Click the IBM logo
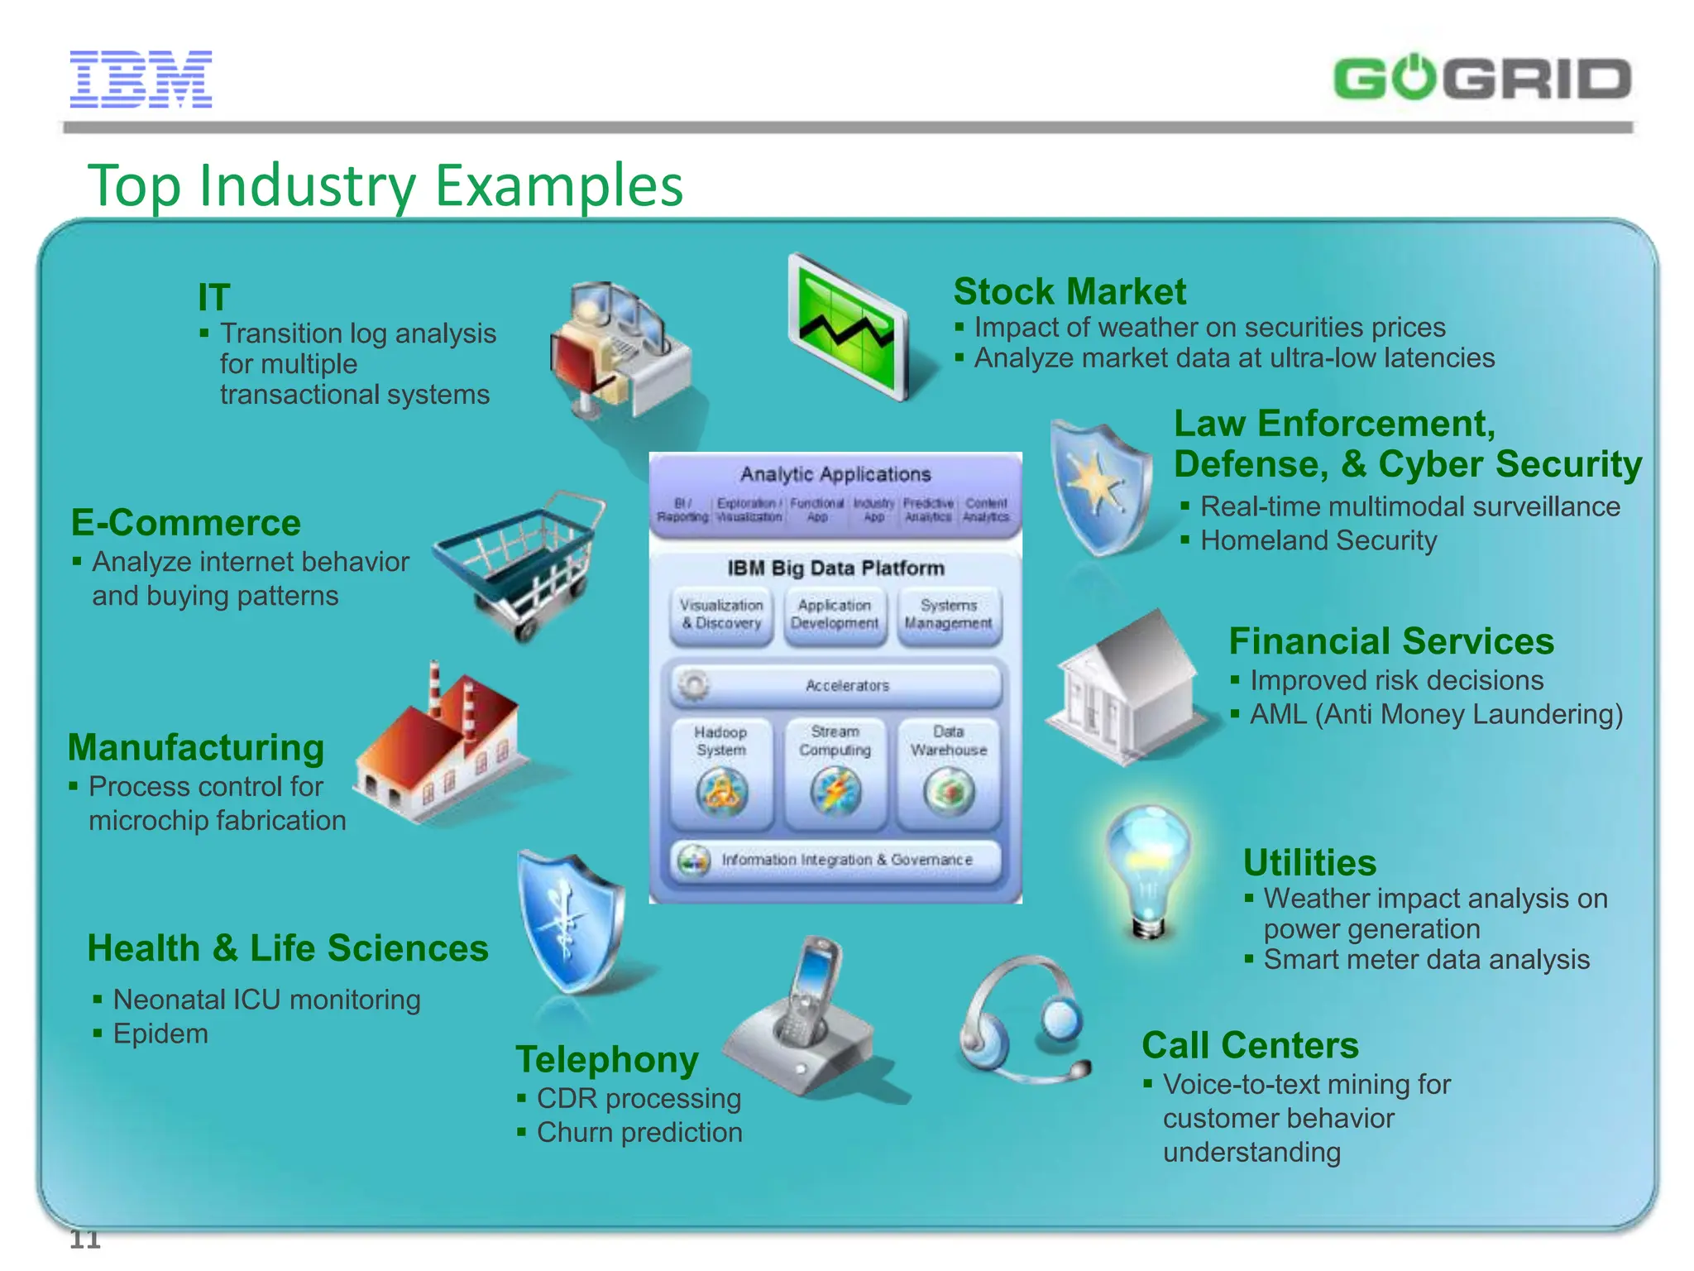141,79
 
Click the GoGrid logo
1481,79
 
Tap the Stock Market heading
1069,291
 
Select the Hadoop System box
721,773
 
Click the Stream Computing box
835,773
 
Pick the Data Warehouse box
949,773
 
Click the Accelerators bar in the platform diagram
835,685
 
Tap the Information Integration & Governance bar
835,860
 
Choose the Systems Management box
949,615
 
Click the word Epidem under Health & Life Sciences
160,1034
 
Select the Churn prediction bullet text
639,1132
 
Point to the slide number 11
84,1239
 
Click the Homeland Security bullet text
1318,540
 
